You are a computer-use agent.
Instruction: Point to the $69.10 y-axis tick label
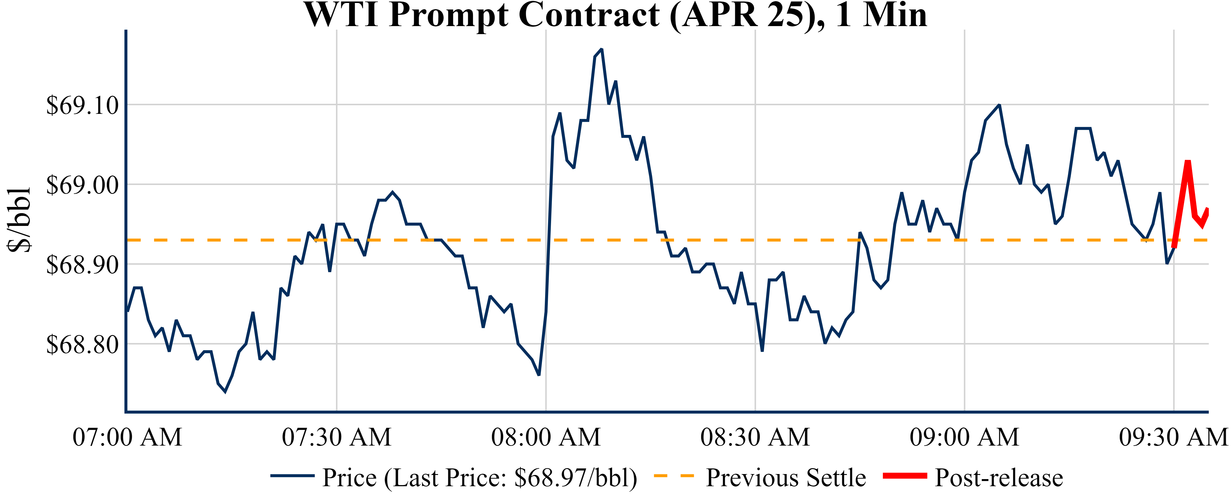[x=82, y=105]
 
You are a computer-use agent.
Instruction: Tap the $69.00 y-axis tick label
[x=82, y=185]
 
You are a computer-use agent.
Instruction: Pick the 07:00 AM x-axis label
[x=127, y=437]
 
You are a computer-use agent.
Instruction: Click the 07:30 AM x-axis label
[x=337, y=437]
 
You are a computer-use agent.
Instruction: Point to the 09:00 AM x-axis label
[x=964, y=437]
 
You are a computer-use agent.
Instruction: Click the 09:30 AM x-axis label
[x=1173, y=437]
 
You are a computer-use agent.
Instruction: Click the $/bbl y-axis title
[x=19, y=220]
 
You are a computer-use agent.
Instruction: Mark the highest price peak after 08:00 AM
[x=601, y=49]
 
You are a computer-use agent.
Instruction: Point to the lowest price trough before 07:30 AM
[x=225, y=392]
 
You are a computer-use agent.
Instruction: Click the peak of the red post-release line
[x=1187, y=162]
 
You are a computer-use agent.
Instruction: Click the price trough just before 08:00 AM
[x=539, y=375]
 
